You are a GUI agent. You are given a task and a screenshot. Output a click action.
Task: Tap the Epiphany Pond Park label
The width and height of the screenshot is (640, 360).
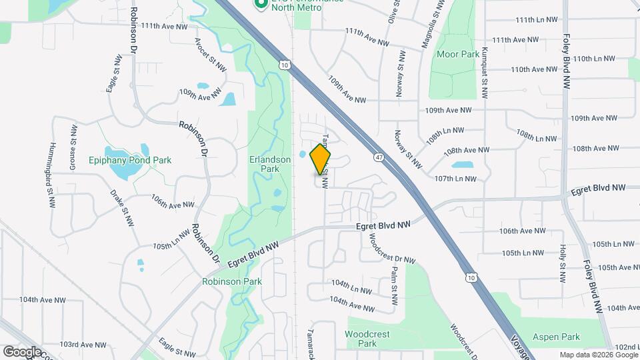click(x=130, y=160)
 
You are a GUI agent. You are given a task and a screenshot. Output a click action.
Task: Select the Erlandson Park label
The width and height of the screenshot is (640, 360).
click(x=270, y=164)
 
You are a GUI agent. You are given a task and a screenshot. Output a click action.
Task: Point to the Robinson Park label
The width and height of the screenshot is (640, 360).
click(x=232, y=281)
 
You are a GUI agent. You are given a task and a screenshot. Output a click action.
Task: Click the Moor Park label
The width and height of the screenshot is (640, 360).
click(x=458, y=53)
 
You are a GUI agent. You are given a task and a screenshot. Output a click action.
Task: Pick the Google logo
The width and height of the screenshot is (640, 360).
click(x=21, y=352)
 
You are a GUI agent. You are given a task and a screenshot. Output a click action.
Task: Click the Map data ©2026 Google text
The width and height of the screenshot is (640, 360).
click(x=597, y=355)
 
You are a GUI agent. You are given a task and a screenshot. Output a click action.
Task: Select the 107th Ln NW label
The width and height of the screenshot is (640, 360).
click(x=455, y=179)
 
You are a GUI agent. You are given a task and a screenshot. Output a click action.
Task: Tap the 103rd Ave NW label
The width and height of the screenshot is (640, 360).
click(x=83, y=345)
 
